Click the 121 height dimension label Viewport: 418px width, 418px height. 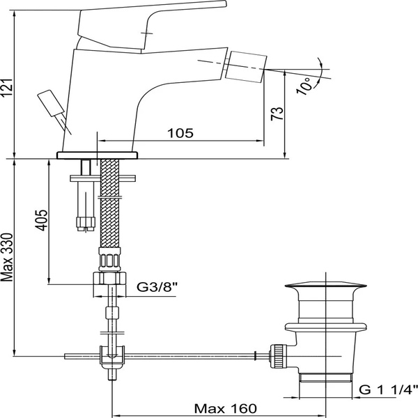coord(6,88)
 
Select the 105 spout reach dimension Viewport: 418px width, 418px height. coord(180,133)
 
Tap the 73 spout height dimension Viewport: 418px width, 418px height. coord(277,114)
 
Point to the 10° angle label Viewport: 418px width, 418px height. coord(304,86)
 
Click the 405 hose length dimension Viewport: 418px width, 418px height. coord(41,220)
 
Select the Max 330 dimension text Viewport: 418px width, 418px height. coord(7,257)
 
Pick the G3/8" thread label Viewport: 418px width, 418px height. coord(157,287)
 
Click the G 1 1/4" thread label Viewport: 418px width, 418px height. coord(388,389)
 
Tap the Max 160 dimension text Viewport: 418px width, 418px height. coord(225,408)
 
